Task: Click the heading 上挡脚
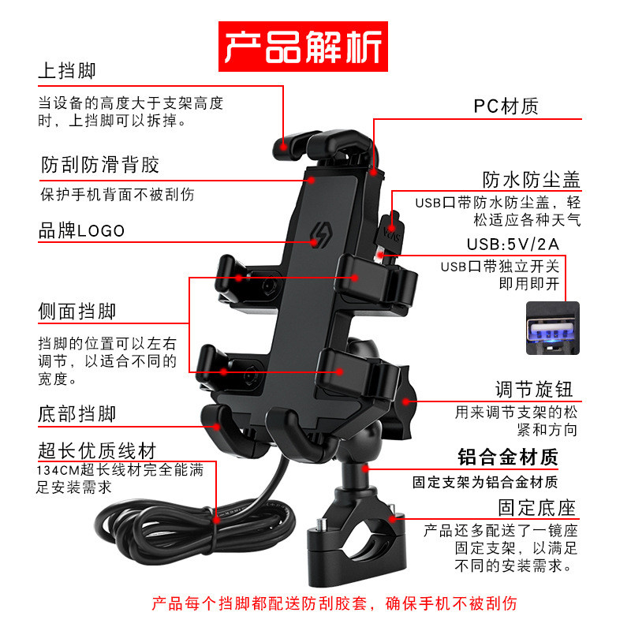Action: point(67,71)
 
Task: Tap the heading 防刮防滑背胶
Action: point(100,165)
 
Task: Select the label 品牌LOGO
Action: point(82,230)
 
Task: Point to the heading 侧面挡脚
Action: point(77,312)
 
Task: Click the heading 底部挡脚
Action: point(77,414)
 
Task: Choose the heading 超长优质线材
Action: point(97,451)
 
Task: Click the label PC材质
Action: point(506,106)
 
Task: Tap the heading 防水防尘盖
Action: point(532,180)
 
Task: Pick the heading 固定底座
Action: point(536,506)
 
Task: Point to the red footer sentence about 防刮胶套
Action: point(334,605)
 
